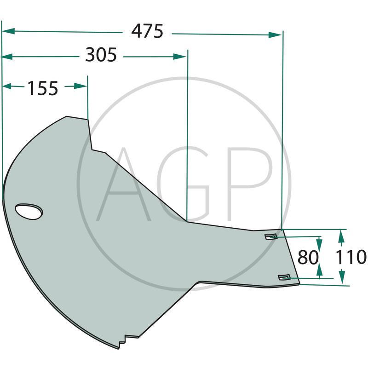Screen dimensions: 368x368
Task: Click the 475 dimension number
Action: pyautogui.click(x=147, y=31)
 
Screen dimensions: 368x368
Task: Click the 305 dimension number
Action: pyautogui.click(x=101, y=55)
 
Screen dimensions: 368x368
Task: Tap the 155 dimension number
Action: pyautogui.click(x=43, y=88)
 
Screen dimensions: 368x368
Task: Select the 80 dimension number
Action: pyautogui.click(x=308, y=257)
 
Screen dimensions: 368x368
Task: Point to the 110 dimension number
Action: pyautogui.click(x=351, y=257)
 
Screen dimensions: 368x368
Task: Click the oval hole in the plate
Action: pyautogui.click(x=29, y=212)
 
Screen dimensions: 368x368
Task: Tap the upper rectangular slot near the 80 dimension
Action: pyautogui.click(x=271, y=236)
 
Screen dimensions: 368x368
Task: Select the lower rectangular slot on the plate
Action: pyautogui.click(x=284, y=277)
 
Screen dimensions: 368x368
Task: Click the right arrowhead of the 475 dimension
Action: pyautogui.click(x=275, y=35)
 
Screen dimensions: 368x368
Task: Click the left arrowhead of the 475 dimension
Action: pyautogui.click(x=8, y=31)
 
